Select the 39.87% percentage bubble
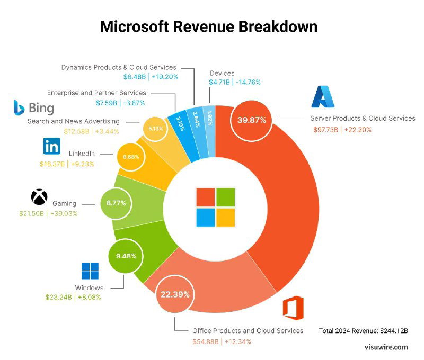coord(248,120)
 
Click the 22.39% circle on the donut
coord(175,294)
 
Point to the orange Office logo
coord(293,308)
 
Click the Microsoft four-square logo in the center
coord(215,206)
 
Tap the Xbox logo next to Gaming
coord(39,197)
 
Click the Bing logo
coord(34,108)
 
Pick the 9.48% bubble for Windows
coord(126,256)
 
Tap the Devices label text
coord(222,73)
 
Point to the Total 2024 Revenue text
coord(363,331)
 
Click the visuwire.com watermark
coord(386,347)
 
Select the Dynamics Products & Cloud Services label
coord(118,67)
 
